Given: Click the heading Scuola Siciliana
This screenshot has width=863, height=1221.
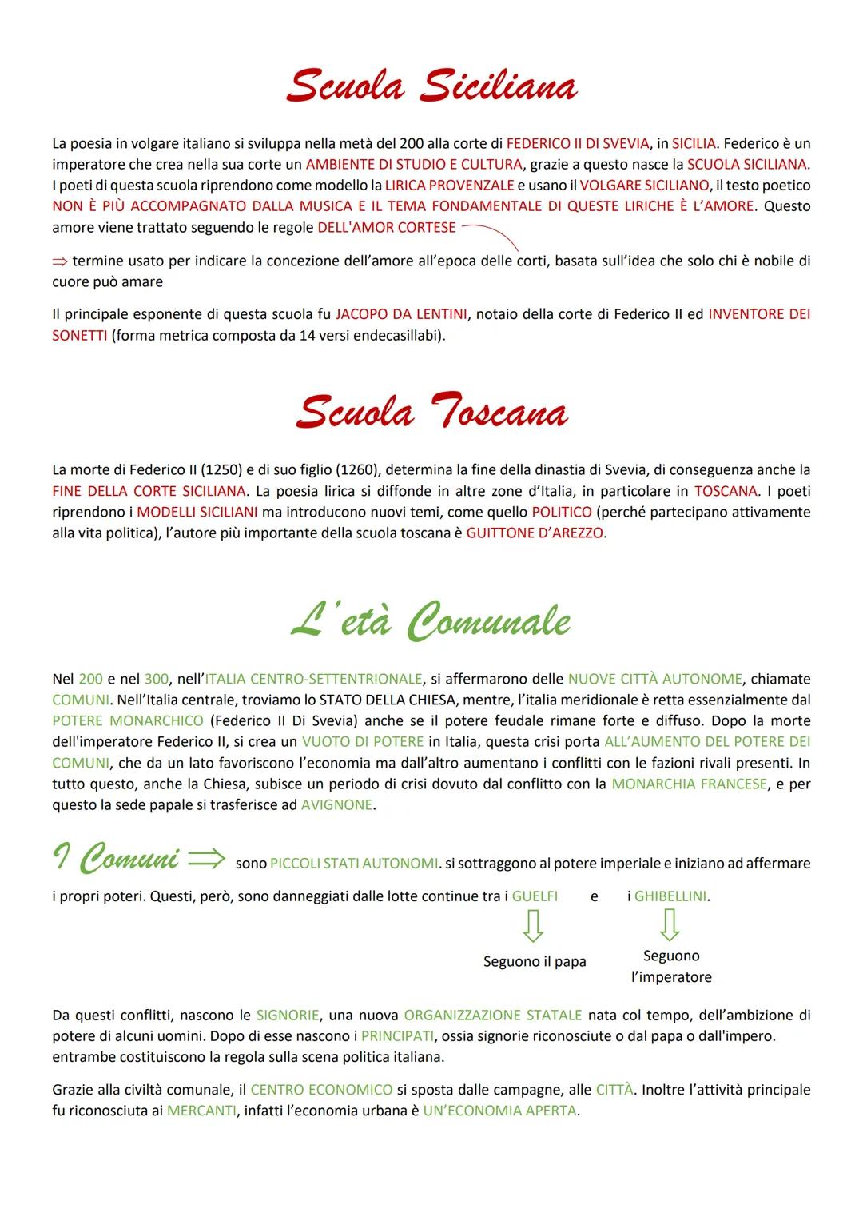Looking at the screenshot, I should pyautogui.click(x=431, y=86).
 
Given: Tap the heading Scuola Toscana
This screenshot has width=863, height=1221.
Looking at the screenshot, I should pyautogui.click(x=431, y=413).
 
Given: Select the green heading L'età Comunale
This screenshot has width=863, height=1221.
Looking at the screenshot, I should pyautogui.click(x=431, y=622).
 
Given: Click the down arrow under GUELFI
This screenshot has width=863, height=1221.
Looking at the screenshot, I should pyautogui.click(x=533, y=926).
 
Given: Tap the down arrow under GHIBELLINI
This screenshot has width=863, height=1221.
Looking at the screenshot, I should pyautogui.click(x=670, y=925).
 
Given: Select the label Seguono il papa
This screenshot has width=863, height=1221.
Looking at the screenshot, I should pyautogui.click(x=535, y=961).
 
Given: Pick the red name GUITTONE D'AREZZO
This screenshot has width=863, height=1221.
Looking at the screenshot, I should pyautogui.click(x=535, y=533).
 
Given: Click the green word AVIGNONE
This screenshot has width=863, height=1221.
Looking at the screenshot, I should pyautogui.click(x=336, y=804).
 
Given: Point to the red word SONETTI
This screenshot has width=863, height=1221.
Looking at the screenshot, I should pyautogui.click(x=79, y=335).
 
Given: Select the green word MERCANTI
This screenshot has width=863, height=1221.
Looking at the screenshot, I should pyautogui.click(x=201, y=1111).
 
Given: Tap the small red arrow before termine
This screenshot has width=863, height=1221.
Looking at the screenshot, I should pyautogui.click(x=61, y=261).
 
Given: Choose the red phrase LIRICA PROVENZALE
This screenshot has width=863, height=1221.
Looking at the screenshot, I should pyautogui.click(x=449, y=185).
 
